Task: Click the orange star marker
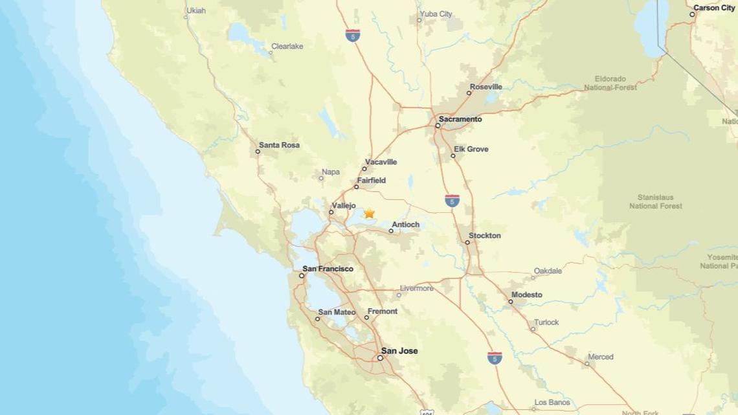(369, 213)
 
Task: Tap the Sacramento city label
(460, 119)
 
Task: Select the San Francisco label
(328, 269)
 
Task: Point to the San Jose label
(399, 351)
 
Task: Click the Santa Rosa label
(279, 145)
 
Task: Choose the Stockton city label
(485, 236)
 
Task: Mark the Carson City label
(714, 8)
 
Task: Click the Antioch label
(406, 225)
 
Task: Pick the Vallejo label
(344, 205)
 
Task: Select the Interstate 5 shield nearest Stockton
(452, 200)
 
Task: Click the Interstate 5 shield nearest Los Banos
(495, 357)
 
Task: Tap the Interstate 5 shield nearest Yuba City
(352, 35)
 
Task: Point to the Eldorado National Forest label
(610, 83)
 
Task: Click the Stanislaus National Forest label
(655, 201)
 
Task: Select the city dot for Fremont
(366, 317)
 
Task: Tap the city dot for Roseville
(469, 93)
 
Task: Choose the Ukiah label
(196, 10)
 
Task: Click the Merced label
(600, 357)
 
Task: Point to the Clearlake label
(287, 47)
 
